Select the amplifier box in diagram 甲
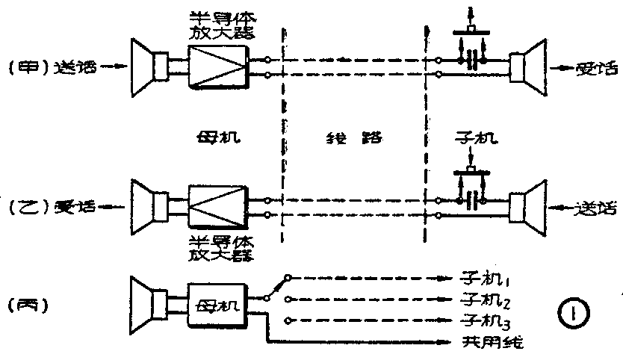(x=217, y=66)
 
